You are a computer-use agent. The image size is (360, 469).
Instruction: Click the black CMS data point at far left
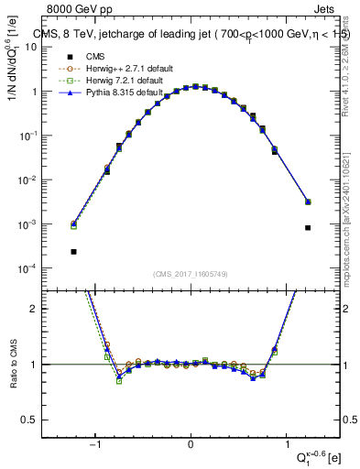pyautogui.click(x=73, y=251)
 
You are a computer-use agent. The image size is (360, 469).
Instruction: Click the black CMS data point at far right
pyautogui.click(x=308, y=228)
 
